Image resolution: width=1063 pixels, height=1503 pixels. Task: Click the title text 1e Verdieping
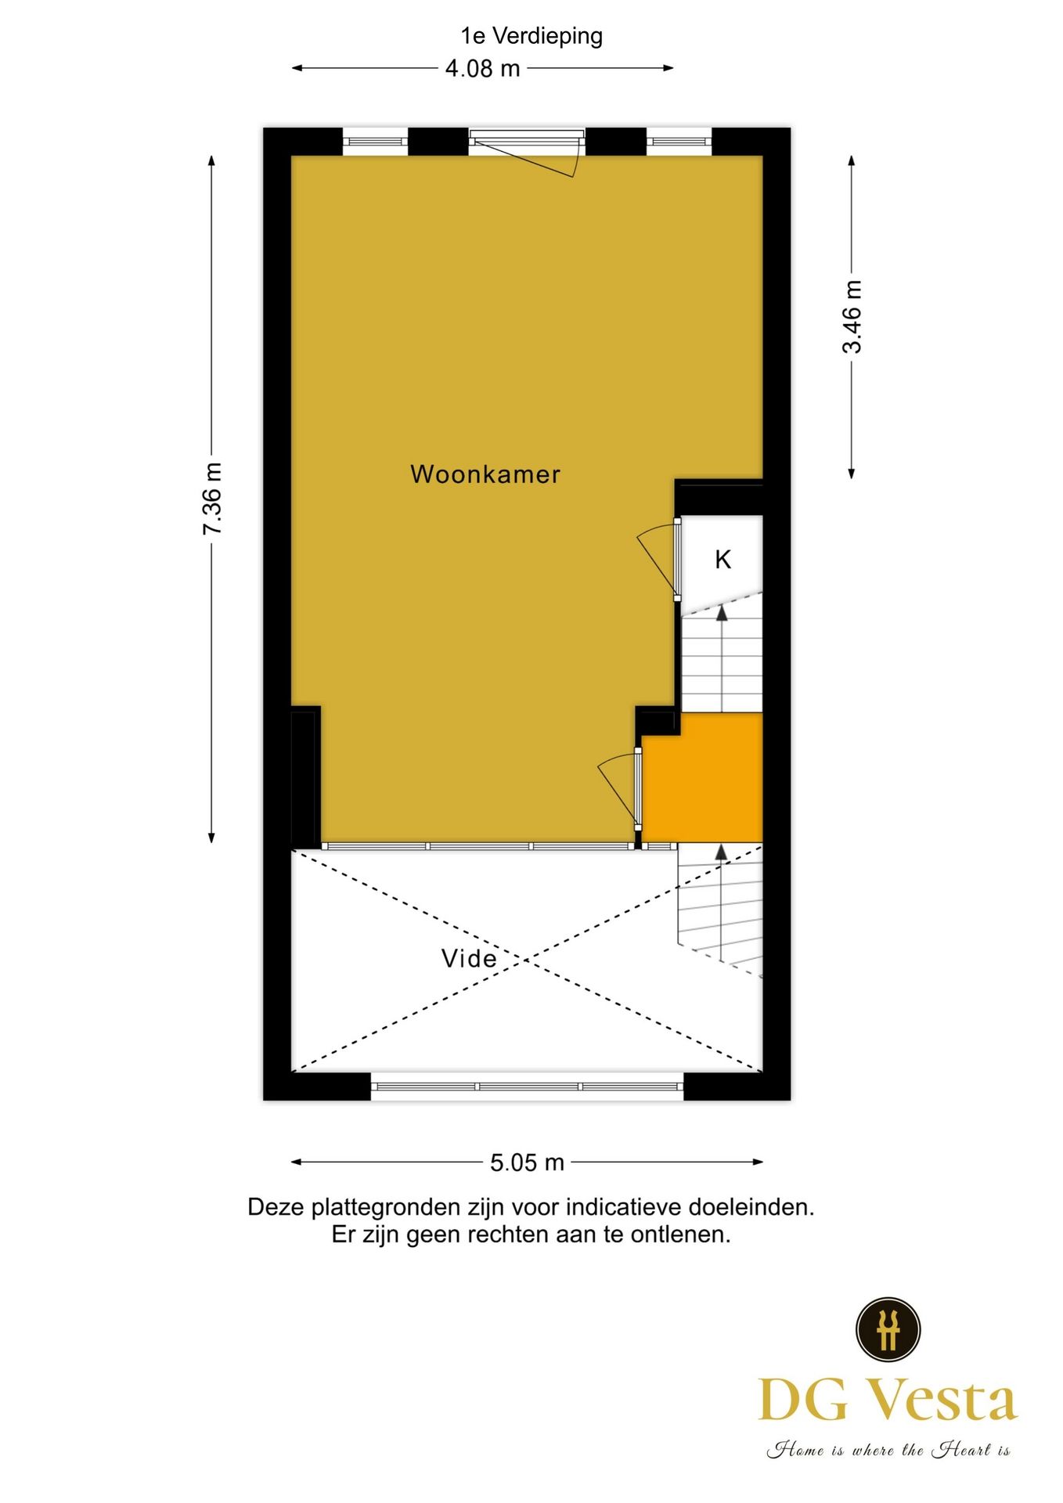click(531, 36)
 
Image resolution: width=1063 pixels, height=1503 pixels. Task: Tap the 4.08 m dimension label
click(482, 69)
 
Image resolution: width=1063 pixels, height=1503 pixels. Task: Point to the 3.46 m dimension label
click(852, 316)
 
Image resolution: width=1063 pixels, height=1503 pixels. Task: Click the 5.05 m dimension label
click(527, 1162)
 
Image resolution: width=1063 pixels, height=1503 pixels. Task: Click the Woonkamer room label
click(485, 474)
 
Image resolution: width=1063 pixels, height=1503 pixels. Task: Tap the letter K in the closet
click(722, 560)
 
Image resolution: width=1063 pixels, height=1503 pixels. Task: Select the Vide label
click(469, 958)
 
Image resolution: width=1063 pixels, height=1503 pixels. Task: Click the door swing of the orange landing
click(618, 787)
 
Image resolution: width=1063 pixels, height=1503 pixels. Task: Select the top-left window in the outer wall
click(376, 142)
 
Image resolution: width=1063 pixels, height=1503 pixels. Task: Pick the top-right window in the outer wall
click(679, 142)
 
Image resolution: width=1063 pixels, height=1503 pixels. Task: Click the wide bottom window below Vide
click(527, 1087)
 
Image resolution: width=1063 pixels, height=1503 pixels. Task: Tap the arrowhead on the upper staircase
click(722, 613)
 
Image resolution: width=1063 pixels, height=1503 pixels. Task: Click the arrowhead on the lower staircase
click(721, 852)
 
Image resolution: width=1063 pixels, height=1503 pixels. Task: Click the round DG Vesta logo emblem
click(888, 1329)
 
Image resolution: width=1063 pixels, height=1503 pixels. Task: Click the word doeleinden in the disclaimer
click(751, 1207)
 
